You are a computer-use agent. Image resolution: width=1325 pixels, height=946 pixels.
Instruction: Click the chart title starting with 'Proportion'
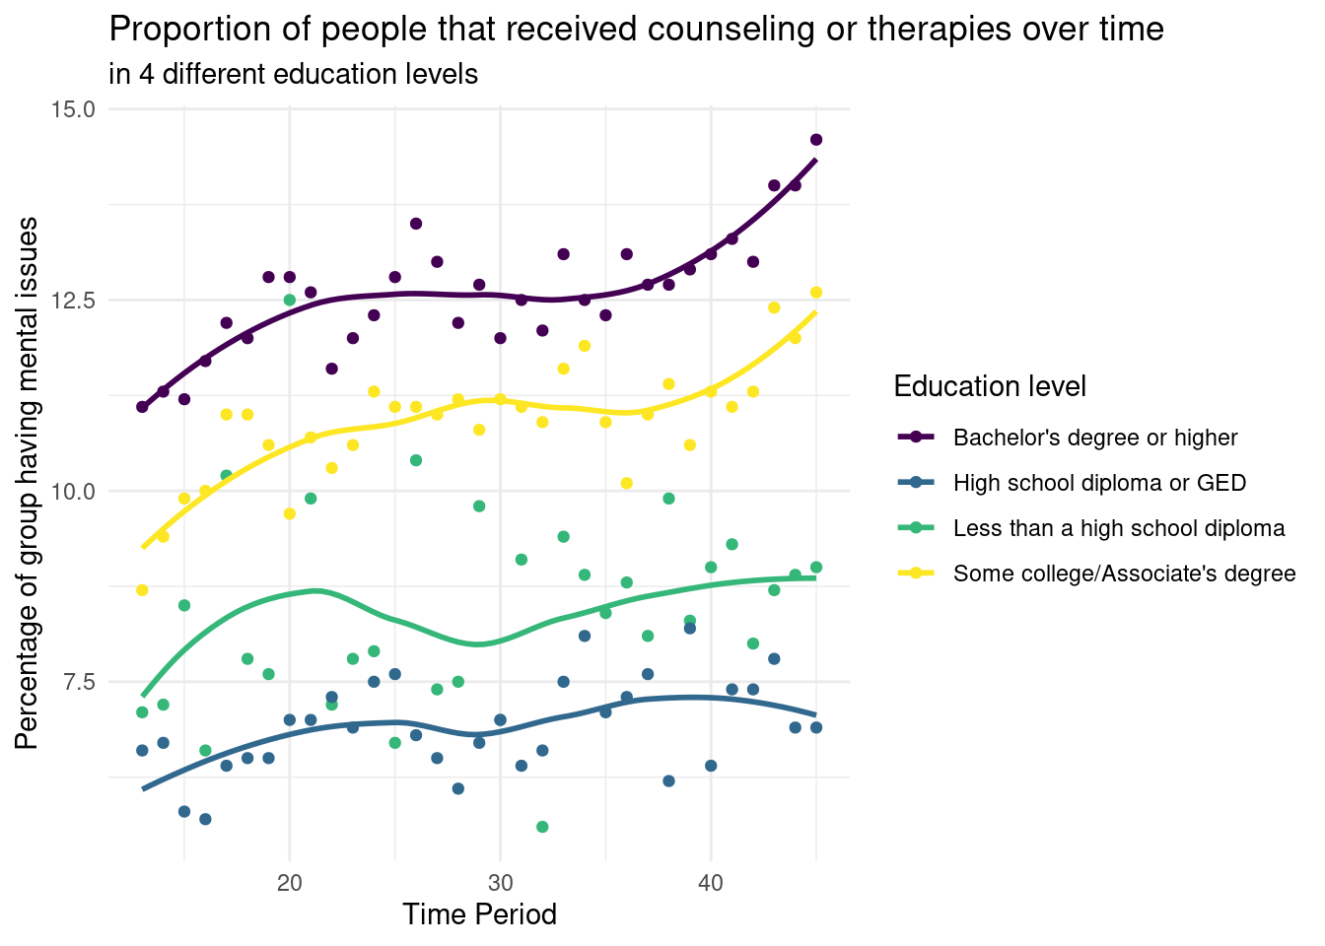click(636, 30)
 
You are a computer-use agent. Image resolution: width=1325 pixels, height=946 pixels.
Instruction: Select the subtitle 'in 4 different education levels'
click(294, 74)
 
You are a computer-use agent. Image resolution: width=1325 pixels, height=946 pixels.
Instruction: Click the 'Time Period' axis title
click(479, 914)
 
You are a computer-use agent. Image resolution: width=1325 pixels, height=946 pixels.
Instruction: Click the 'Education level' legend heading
click(990, 386)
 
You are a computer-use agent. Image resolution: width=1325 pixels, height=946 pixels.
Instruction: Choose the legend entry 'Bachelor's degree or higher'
click(1095, 438)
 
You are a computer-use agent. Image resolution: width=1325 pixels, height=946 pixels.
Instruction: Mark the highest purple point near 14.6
click(816, 140)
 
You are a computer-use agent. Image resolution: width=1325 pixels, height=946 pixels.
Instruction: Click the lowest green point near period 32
click(542, 827)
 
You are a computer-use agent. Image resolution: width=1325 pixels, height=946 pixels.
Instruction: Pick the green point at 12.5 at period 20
click(290, 300)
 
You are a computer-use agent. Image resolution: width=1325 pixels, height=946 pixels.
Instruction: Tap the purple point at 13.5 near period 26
click(416, 224)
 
